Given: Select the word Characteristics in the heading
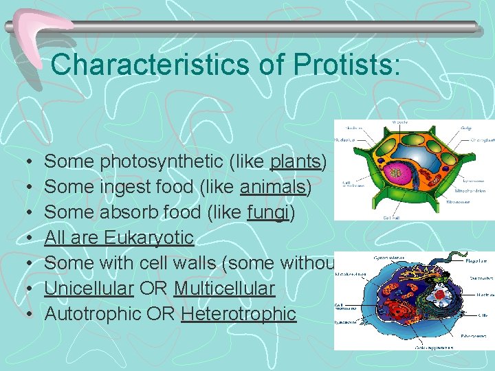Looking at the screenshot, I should [148, 65].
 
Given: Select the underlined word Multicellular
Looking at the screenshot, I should [224, 289].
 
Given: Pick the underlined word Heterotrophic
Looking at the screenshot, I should [239, 314].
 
